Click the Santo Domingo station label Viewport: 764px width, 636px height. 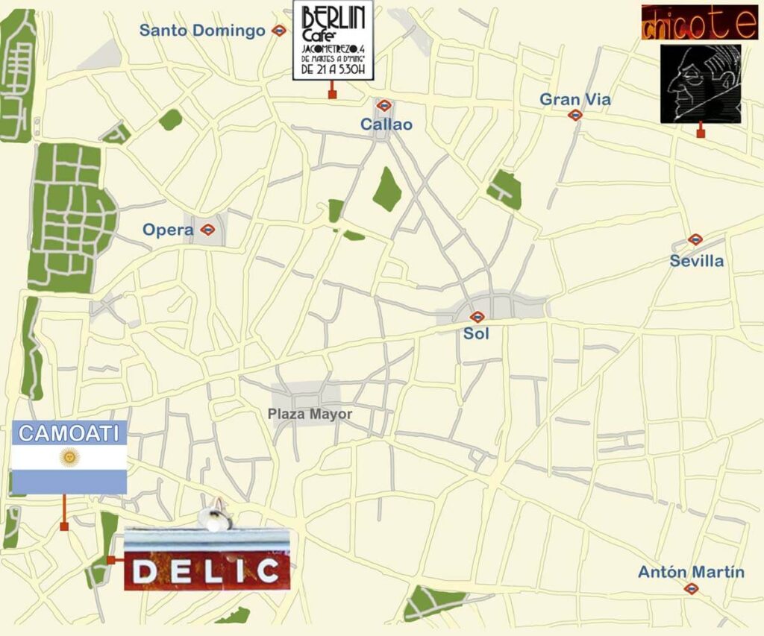point(202,31)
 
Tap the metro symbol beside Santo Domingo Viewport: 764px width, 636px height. point(279,31)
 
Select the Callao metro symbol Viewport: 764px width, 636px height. point(384,106)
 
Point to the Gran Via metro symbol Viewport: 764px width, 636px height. point(574,115)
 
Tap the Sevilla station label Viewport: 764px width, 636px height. point(696,261)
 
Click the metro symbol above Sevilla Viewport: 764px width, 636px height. point(695,239)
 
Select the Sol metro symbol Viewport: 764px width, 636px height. point(477,317)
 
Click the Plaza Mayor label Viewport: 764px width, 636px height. point(310,415)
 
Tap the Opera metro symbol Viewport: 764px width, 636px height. point(207,230)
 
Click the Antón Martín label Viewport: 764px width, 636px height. point(691,572)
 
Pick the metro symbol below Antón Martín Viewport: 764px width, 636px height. point(691,588)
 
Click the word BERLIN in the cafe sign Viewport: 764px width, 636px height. point(334,18)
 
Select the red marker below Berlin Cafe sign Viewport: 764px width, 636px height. point(332,94)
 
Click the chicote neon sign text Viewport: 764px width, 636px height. point(699,23)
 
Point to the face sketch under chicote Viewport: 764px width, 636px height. point(700,83)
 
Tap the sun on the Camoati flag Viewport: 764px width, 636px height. point(69,455)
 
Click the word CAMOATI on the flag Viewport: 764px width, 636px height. point(69,433)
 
